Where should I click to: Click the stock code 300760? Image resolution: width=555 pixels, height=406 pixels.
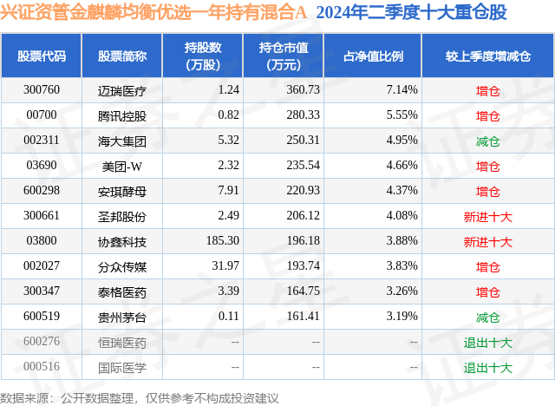click(42, 90)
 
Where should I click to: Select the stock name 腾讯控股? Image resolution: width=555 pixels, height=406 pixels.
click(122, 115)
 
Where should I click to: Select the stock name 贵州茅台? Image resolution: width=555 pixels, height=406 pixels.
click(122, 317)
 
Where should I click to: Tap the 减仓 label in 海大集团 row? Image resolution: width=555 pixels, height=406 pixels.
click(488, 141)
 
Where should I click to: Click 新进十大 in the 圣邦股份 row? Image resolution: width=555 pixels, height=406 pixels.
click(488, 216)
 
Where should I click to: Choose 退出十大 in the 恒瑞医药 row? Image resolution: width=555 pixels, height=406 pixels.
click(488, 343)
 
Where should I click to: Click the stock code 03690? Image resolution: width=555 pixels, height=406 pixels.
click(42, 166)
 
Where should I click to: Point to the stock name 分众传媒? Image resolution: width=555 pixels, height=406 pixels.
click(122, 266)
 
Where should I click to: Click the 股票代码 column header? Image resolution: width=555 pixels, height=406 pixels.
click(42, 56)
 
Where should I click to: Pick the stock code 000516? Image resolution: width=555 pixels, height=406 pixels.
click(42, 367)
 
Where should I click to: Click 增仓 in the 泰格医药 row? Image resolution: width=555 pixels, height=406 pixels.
click(488, 292)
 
